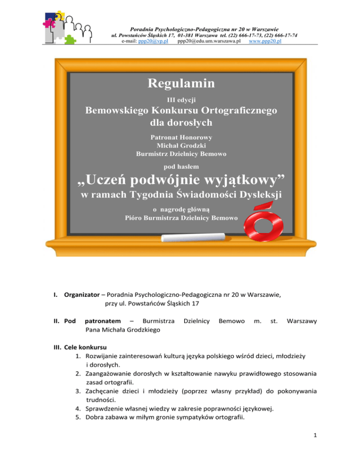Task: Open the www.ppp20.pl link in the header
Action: [265, 41]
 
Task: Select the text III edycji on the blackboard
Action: [181, 99]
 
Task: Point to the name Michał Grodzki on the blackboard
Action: [181, 145]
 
